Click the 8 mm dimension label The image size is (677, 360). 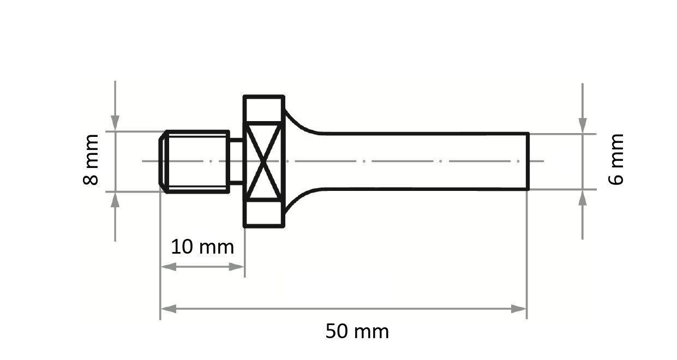tap(91, 160)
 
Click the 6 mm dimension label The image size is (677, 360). tap(616, 159)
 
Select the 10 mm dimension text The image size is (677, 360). tap(202, 247)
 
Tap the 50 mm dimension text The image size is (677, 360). tap(357, 331)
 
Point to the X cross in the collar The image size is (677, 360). tap(264, 161)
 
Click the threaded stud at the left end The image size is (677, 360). tap(194, 161)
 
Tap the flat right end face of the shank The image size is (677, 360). tap(528, 161)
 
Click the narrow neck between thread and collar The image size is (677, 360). tap(237, 161)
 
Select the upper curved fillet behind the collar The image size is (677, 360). tap(301, 122)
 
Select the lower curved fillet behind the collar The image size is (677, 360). tap(301, 201)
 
